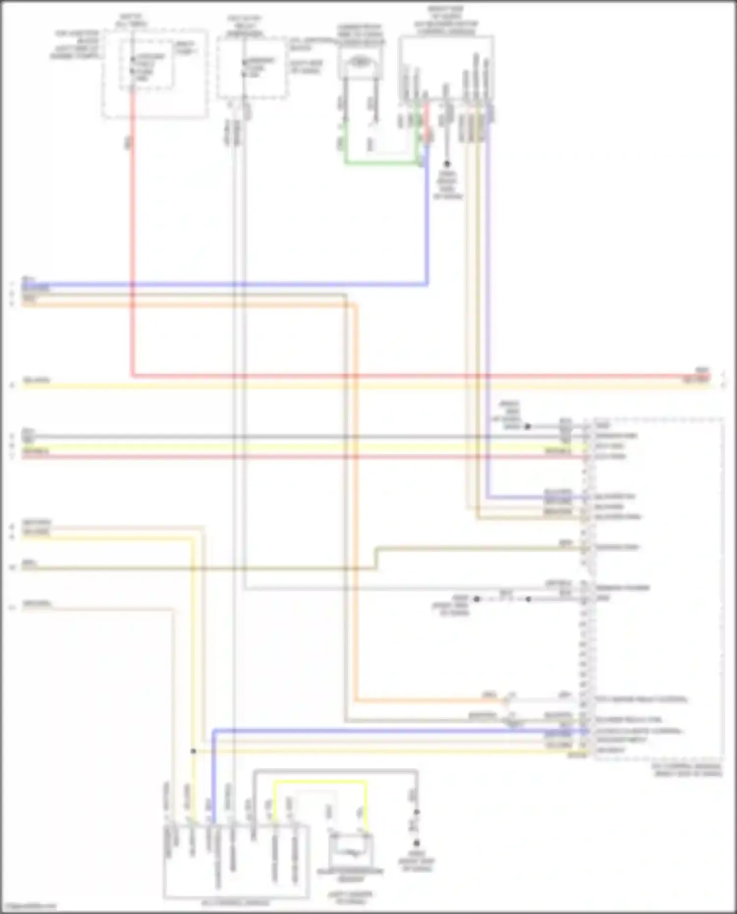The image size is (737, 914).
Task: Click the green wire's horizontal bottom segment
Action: coord(381,162)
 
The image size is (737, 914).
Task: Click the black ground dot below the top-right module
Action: coord(447,164)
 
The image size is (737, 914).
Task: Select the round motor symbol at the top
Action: coord(360,62)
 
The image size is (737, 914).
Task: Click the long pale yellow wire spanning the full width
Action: coord(344,386)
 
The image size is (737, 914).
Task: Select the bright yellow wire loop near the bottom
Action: coord(319,781)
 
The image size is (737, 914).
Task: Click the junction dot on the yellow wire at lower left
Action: coord(193,751)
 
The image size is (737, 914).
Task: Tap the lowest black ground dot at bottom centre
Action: coord(416,843)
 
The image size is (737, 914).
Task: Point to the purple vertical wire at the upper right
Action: coord(487,295)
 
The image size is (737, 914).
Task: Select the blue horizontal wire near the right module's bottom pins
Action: coord(393,731)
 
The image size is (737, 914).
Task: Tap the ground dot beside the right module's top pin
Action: coord(528,426)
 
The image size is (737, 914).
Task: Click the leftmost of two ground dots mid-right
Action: coord(476,599)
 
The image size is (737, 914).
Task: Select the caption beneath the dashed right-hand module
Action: coord(686,770)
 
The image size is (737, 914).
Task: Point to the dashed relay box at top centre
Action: coord(252,69)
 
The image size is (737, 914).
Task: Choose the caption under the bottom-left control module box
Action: coord(236,903)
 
